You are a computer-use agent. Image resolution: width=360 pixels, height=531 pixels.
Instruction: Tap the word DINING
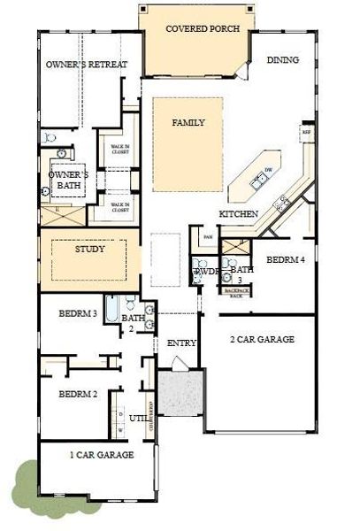(282, 60)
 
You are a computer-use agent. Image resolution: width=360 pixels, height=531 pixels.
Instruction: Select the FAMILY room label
(188, 122)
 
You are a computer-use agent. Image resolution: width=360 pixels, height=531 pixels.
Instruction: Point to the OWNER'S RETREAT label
(87, 65)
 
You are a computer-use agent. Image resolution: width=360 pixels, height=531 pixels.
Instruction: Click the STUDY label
(89, 250)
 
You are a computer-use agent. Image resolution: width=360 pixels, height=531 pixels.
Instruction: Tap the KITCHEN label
(239, 215)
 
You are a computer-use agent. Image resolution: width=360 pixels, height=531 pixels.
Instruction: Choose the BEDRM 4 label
(286, 260)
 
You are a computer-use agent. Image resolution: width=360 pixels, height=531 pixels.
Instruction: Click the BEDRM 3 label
(79, 313)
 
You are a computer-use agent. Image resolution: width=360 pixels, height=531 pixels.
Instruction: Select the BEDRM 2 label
(78, 394)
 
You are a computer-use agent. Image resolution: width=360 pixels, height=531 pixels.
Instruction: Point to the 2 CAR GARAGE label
(262, 340)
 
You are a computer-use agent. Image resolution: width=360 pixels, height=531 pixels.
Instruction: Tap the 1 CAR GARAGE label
(101, 455)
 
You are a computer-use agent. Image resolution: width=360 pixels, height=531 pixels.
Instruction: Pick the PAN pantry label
(208, 237)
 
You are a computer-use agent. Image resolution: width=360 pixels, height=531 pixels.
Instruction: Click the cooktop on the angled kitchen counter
(281, 203)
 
